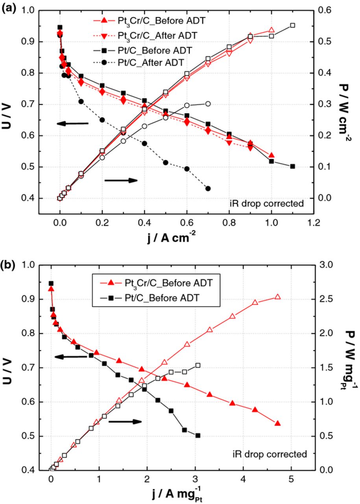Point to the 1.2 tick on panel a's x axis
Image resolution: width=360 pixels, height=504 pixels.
click(x=314, y=222)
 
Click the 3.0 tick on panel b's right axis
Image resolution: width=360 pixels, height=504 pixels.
click(x=330, y=265)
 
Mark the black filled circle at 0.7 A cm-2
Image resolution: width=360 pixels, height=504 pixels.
click(x=208, y=189)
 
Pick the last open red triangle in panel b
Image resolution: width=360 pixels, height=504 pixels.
click(x=277, y=297)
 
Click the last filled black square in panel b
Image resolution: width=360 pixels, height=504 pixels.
click(x=198, y=435)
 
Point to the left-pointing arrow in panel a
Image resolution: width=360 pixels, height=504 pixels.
click(x=73, y=124)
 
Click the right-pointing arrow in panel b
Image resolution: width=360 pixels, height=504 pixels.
click(x=125, y=421)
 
